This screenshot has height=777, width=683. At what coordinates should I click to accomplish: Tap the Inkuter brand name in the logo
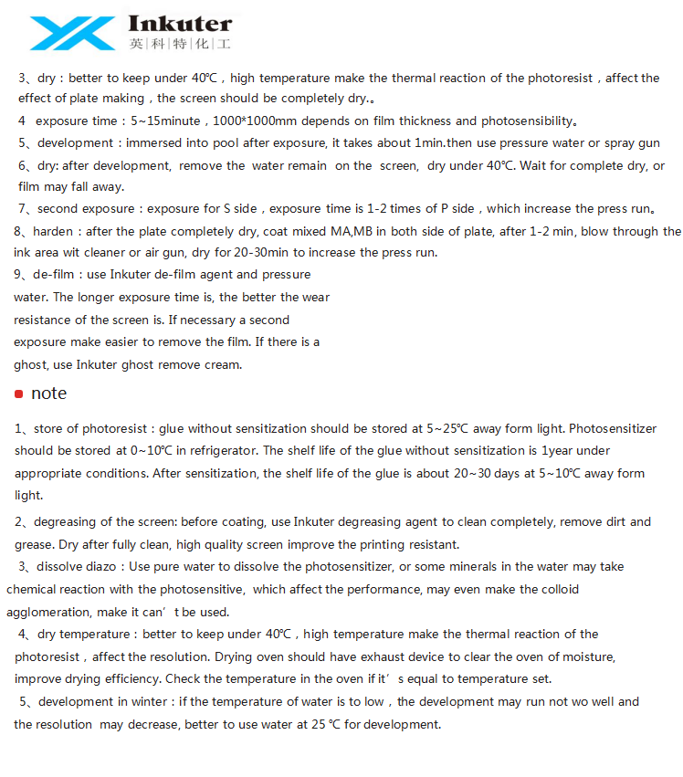coord(181,24)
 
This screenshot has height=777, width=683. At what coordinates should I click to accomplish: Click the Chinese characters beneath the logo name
coord(180,43)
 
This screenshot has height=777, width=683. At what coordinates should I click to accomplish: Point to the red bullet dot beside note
coord(18,394)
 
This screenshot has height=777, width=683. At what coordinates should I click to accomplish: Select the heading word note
coord(48,394)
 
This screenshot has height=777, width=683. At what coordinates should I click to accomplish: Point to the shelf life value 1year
coord(560,450)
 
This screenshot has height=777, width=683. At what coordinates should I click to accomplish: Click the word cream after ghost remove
coord(225,364)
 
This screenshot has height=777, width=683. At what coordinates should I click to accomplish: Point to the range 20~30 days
coord(467,473)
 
